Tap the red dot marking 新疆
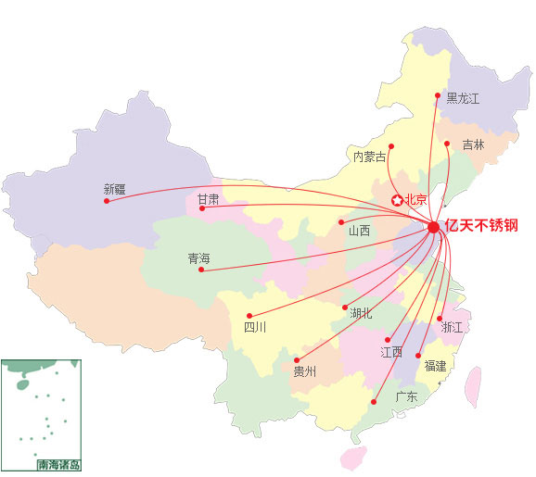107,201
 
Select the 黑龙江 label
463,97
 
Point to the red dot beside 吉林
447,143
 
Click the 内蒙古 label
368,157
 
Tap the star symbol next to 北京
397,199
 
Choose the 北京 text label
415,199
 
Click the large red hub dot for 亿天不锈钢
433,227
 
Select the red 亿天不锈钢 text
481,226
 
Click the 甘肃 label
208,198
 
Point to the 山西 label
359,231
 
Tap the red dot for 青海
201,270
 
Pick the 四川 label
255,327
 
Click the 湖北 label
361,313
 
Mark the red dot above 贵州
297,360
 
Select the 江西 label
390,352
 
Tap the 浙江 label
453,327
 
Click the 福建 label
435,366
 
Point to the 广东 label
406,396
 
